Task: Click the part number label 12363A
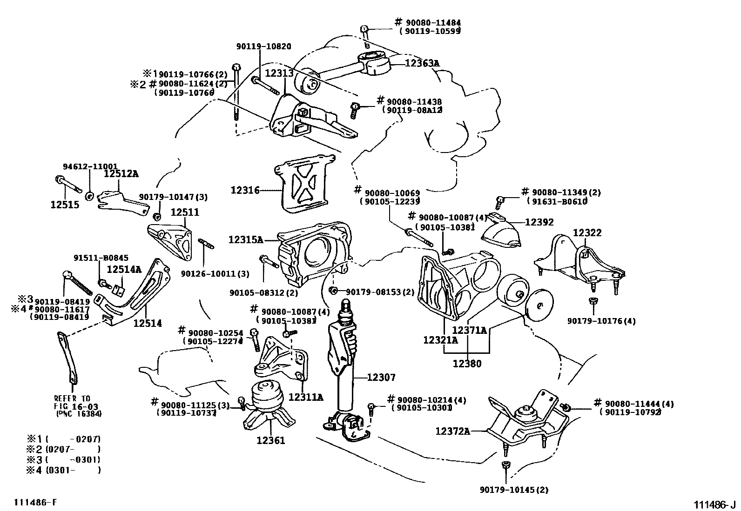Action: pos(422,63)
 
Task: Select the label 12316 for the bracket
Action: pos(244,190)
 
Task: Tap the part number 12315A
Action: pos(245,239)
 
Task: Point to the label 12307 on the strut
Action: pos(381,378)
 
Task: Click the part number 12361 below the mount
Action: pos(270,440)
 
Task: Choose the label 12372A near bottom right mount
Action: pos(452,431)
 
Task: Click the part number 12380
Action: pos(467,364)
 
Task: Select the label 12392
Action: pos(539,222)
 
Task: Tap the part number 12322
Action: pos(587,232)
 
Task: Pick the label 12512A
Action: pos(121,173)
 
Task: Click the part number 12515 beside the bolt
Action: pos(65,204)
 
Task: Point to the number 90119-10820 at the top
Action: pos(263,46)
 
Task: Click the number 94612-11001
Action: pos(90,166)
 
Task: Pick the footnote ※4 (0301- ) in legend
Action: pos(63,470)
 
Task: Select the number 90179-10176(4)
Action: pos(601,321)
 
